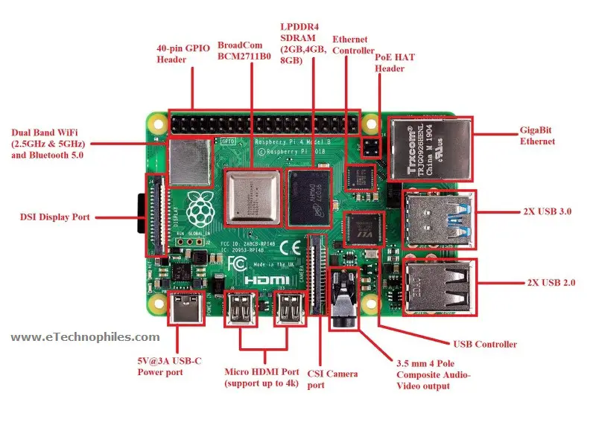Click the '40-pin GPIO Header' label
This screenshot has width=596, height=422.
[183, 54]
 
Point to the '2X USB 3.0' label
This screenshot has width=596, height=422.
[547, 211]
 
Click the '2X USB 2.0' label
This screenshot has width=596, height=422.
[547, 284]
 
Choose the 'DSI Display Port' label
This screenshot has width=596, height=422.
[55, 217]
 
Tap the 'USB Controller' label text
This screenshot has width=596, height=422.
[485, 344]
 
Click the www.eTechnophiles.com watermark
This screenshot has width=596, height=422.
[85, 337]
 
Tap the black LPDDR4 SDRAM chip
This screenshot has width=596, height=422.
[308, 197]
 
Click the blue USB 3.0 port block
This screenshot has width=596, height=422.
[437, 220]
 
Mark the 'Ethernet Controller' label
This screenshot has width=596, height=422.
[353, 45]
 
